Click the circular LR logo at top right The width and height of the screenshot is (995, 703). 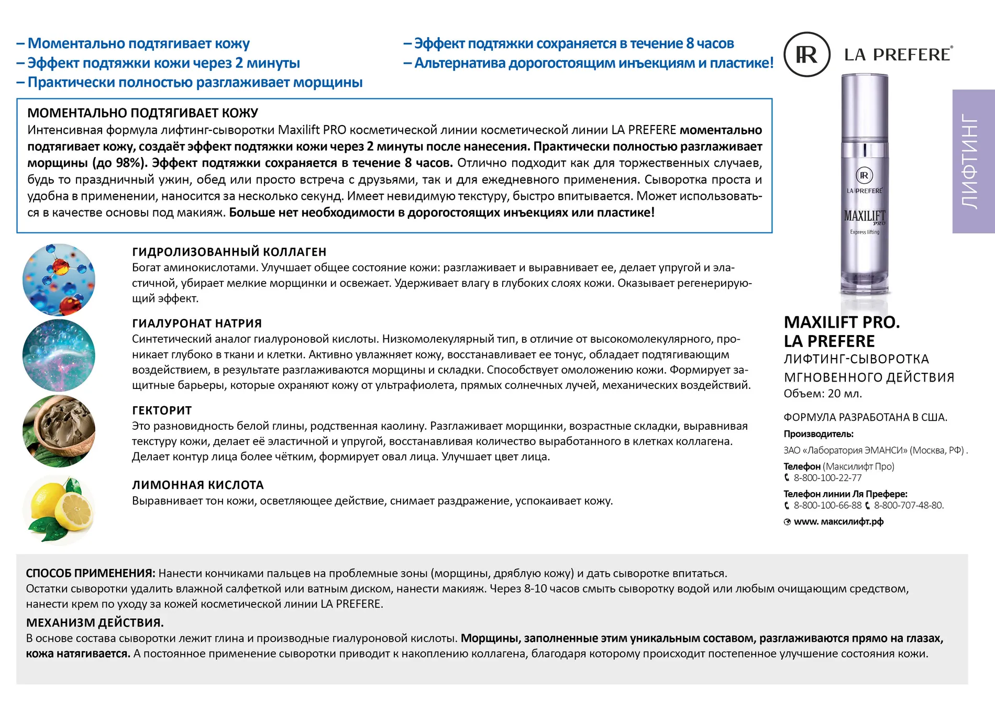click(x=806, y=54)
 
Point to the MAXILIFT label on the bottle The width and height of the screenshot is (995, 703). click(x=864, y=216)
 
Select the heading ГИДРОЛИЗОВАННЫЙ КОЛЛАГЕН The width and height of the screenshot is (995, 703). click(x=229, y=252)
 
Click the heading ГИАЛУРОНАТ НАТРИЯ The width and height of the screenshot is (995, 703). click(x=196, y=323)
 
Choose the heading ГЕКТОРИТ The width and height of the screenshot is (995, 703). click(x=162, y=410)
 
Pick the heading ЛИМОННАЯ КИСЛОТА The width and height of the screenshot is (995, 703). click(x=197, y=485)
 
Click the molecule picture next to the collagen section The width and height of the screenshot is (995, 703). click(x=59, y=279)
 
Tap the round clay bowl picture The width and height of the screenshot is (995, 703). click(x=59, y=431)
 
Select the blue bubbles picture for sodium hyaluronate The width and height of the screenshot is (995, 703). click(x=59, y=355)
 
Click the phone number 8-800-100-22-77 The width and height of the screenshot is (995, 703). click(x=827, y=478)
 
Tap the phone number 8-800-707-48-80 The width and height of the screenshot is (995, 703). click(x=908, y=506)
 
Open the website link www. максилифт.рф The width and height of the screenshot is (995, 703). click(x=838, y=522)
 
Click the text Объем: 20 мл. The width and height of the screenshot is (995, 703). click(x=822, y=394)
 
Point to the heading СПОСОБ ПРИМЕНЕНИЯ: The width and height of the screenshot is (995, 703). click(x=90, y=573)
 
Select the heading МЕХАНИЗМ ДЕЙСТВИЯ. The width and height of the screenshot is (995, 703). click(x=95, y=623)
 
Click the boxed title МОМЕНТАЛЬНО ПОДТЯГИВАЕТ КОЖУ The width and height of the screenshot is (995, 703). click(x=142, y=113)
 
